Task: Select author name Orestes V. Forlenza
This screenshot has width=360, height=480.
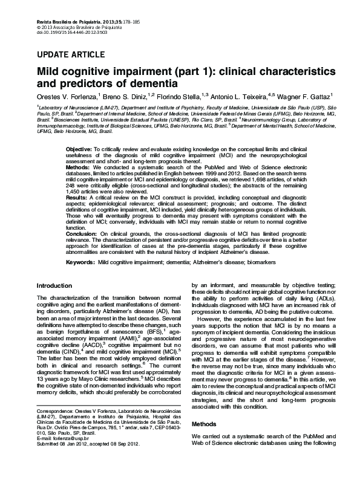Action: pos(67,96)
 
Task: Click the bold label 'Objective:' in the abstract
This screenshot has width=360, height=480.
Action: pos(79,149)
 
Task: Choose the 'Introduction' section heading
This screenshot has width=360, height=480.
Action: pos(54,285)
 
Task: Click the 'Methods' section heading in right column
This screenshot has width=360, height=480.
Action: pos(204,424)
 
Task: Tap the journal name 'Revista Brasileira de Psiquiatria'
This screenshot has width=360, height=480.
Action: pos(67,5)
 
